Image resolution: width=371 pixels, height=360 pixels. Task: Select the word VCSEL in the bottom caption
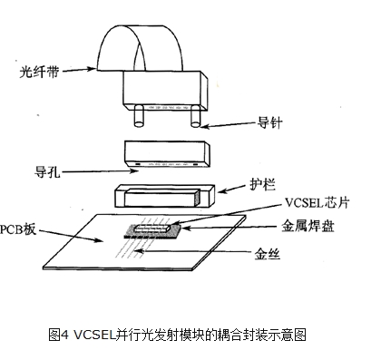(95, 334)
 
